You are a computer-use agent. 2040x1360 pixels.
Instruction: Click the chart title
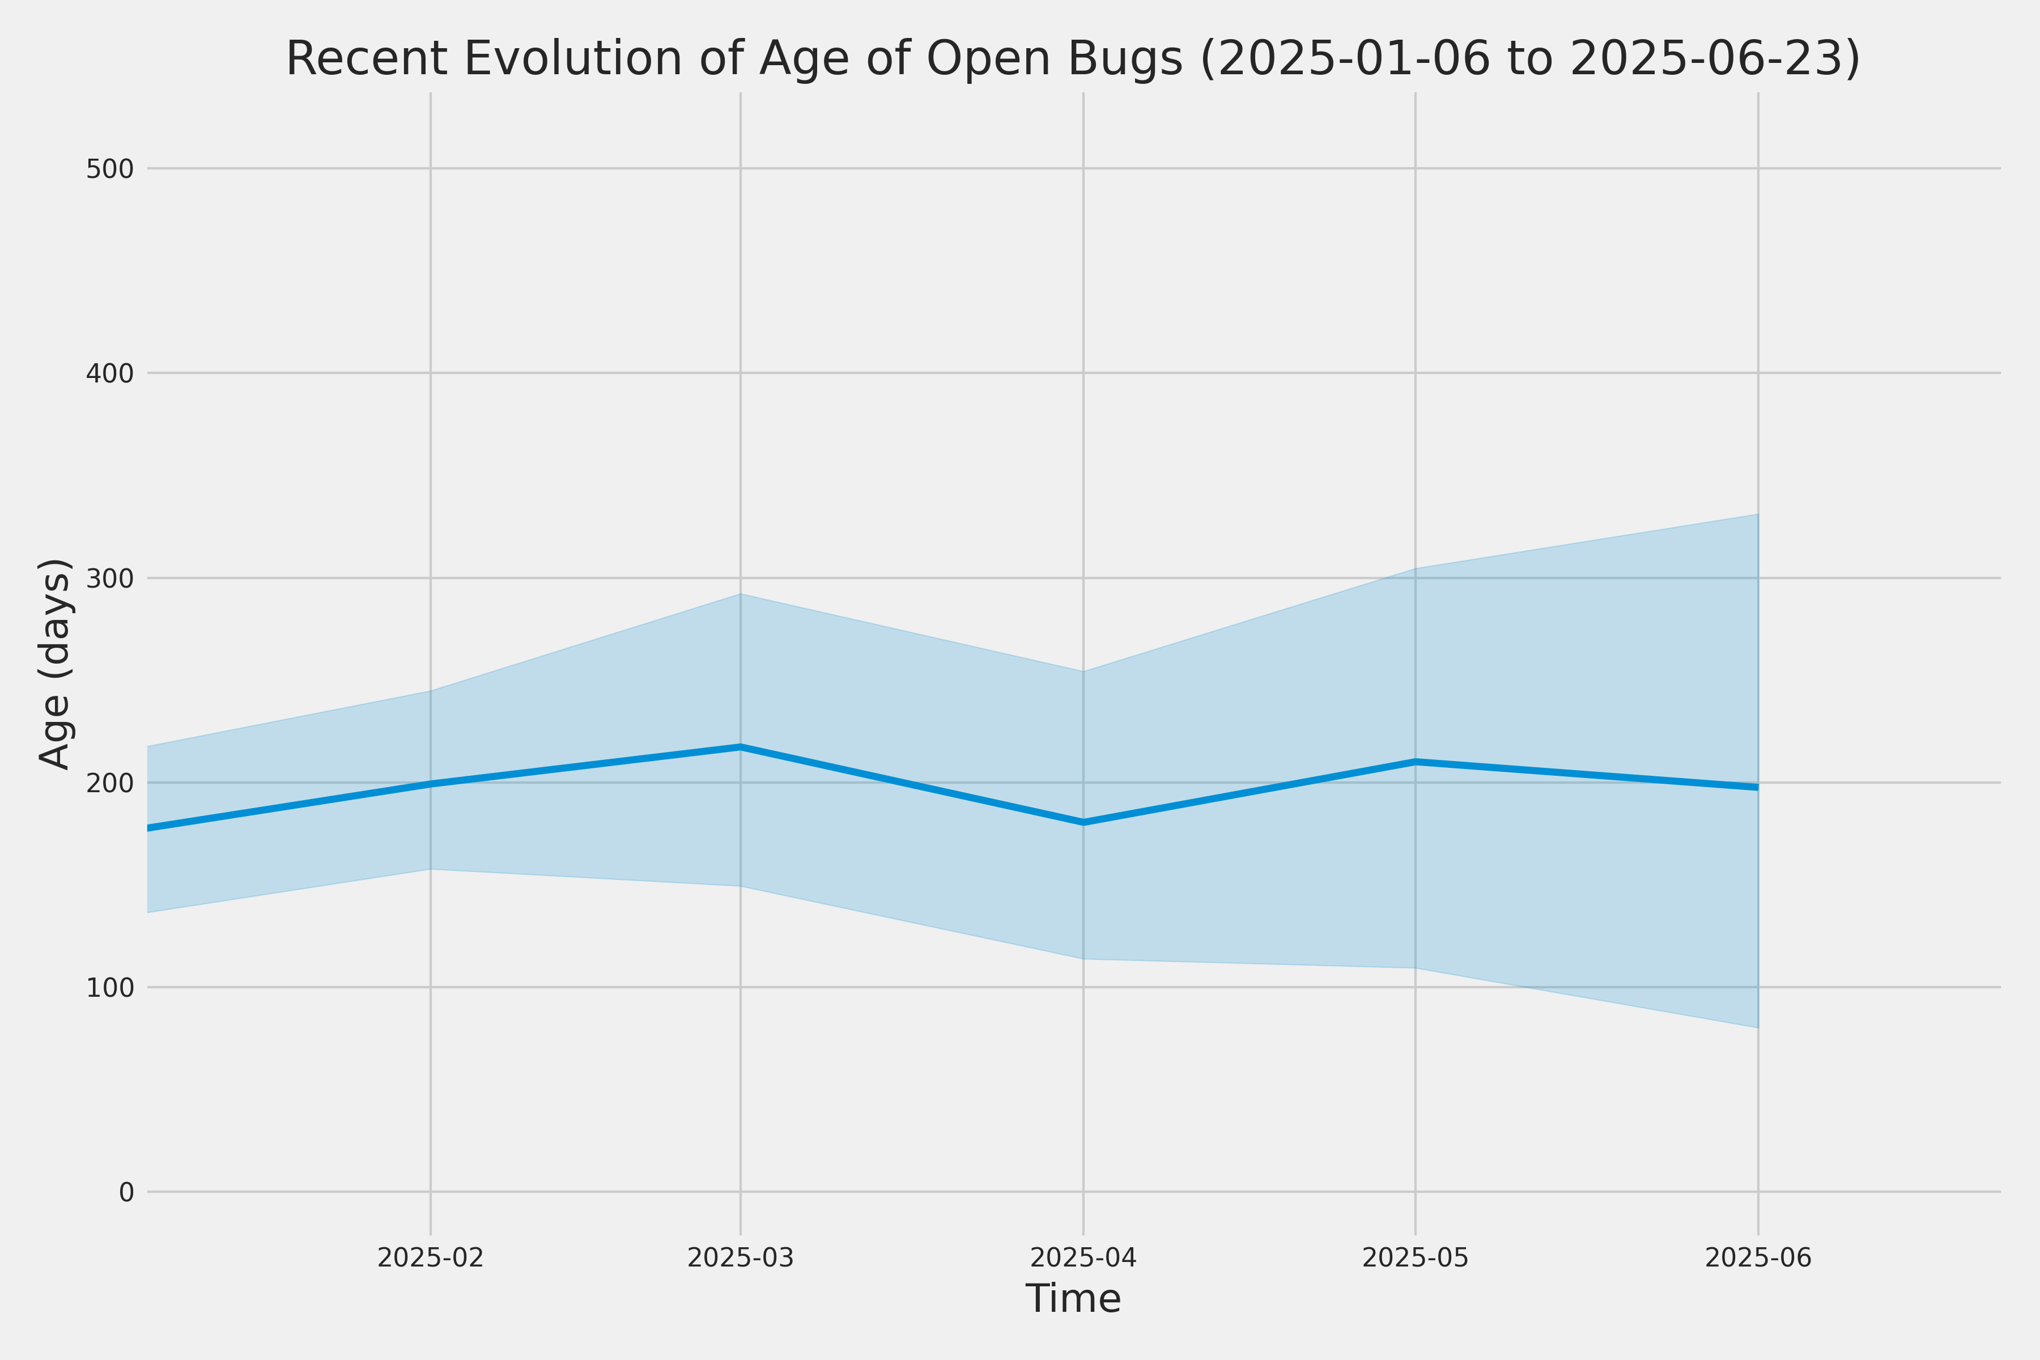pos(1073,59)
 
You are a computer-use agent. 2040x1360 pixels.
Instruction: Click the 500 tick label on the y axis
pos(110,169)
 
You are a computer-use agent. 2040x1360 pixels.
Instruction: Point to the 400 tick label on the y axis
pos(110,374)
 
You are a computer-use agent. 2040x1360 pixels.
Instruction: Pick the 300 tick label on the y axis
pos(110,579)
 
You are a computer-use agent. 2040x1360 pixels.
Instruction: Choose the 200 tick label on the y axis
pos(110,783)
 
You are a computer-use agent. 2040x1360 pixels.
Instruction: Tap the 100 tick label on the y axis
pos(110,988)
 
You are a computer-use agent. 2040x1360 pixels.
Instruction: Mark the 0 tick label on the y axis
pos(126,1193)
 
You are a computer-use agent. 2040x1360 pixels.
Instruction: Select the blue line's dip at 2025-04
pos(1083,822)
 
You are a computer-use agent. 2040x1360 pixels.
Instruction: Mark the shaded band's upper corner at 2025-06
pos(1758,515)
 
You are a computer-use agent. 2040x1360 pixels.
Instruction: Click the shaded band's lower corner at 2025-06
pos(1758,1028)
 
